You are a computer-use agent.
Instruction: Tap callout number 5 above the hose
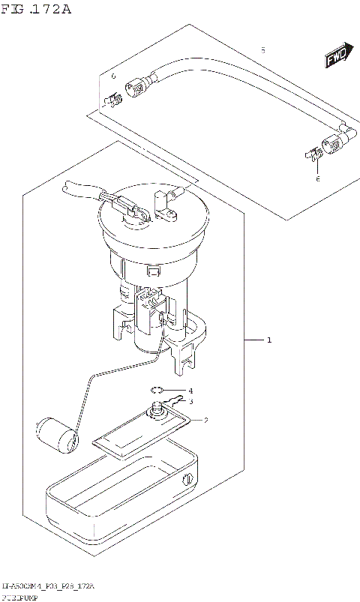point(262,49)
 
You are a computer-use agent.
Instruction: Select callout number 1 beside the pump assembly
point(268,341)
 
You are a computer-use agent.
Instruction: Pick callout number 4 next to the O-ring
point(190,391)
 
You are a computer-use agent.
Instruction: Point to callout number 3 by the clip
point(190,402)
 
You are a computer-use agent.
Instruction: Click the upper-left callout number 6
point(113,76)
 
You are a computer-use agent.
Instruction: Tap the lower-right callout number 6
point(317,179)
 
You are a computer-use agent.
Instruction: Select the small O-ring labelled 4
point(157,390)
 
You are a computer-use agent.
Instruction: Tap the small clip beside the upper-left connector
point(113,97)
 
